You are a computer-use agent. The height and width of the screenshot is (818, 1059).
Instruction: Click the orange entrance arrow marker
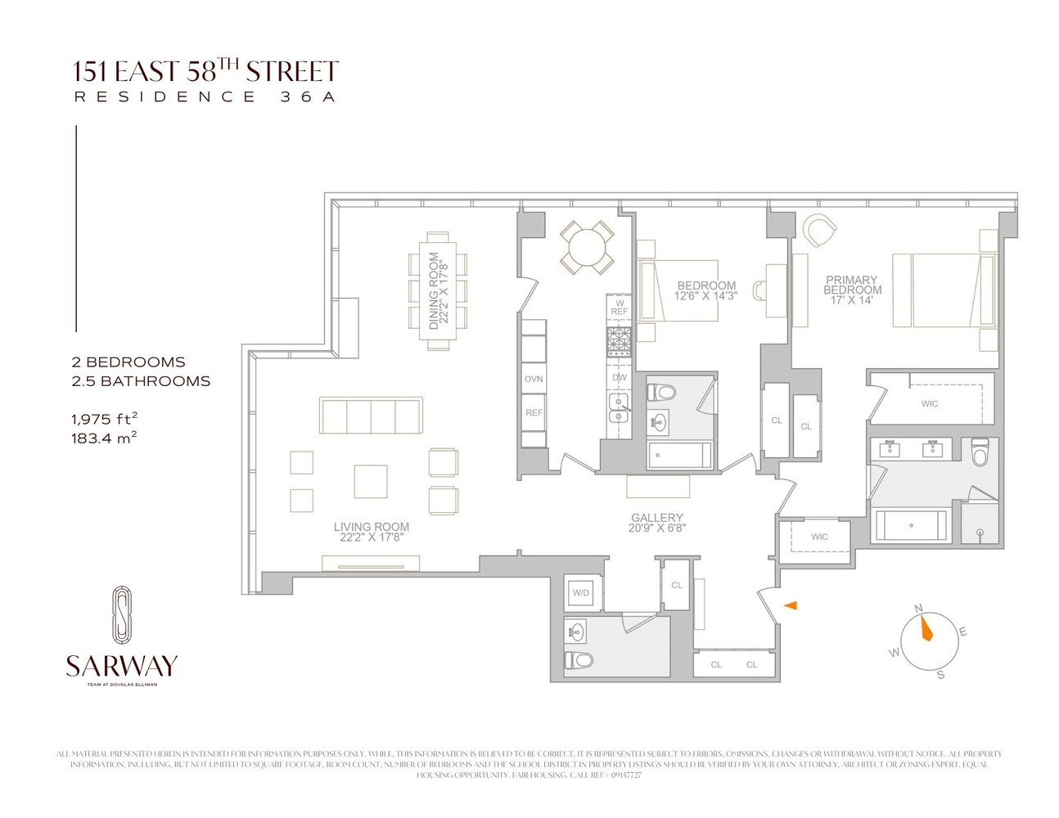click(x=791, y=605)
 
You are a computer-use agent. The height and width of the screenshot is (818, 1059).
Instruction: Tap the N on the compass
click(x=918, y=608)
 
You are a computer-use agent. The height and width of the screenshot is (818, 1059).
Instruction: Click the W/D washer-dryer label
click(x=581, y=593)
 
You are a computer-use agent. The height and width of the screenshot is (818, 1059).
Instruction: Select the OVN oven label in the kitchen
click(x=534, y=380)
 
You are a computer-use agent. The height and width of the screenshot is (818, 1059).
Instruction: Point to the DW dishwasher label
click(x=620, y=378)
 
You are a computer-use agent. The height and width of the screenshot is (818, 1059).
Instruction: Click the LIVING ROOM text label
click(x=371, y=527)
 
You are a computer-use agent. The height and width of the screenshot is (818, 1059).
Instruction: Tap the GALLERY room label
click(x=656, y=518)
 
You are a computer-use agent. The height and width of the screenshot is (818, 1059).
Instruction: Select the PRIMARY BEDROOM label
click(x=852, y=285)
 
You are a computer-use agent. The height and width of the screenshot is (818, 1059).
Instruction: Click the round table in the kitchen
click(x=587, y=245)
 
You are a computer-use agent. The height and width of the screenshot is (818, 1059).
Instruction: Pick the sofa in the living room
click(x=371, y=416)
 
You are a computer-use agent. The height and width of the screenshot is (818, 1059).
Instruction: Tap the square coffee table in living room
click(x=371, y=481)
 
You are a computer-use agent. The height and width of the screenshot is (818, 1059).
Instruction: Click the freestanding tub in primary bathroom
click(x=911, y=525)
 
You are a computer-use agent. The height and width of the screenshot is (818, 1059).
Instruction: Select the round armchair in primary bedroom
click(x=818, y=230)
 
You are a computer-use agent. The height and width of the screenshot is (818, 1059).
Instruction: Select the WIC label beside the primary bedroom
click(x=930, y=403)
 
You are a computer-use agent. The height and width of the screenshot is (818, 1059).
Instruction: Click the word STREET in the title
click(x=292, y=72)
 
